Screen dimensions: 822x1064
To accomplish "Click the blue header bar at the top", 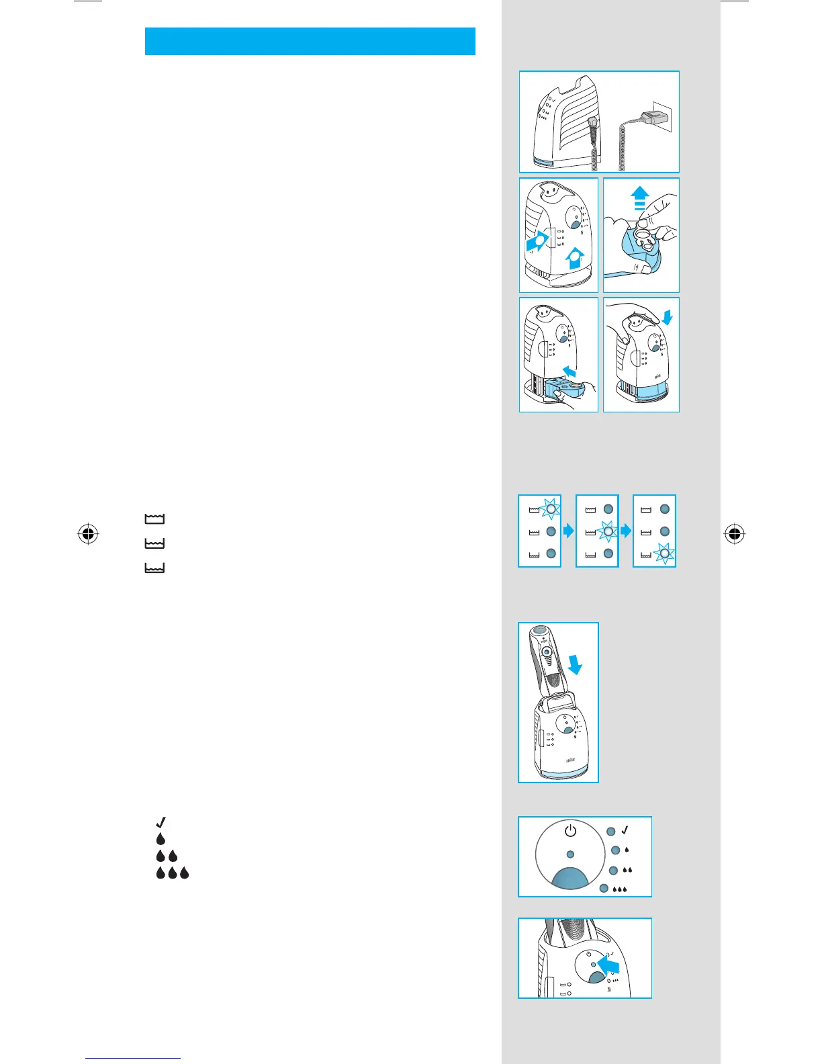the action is point(310,41).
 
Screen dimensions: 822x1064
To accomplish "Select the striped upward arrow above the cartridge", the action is point(640,199).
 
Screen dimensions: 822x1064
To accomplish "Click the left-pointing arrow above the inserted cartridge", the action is point(569,371).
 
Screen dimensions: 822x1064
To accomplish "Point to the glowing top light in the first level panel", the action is point(550,508).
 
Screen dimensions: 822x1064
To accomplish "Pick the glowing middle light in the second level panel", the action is point(608,532).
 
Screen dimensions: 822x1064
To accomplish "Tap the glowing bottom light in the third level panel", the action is point(665,554).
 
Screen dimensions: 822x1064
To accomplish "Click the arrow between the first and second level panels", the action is point(569,531).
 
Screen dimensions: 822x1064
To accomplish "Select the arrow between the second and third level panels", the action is point(626,531).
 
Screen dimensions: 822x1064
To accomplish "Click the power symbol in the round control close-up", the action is point(570,831).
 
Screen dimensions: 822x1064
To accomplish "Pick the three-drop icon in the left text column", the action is point(173,873).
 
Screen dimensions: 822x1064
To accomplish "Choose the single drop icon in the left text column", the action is point(161,839).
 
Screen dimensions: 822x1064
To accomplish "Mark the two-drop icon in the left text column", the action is point(167,856).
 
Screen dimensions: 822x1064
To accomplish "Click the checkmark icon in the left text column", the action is point(161,822).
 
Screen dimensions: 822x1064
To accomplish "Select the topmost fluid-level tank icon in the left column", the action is point(154,519).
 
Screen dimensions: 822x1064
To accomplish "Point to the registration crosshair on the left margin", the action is point(88,535).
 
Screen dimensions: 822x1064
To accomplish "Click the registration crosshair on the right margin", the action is point(735,535).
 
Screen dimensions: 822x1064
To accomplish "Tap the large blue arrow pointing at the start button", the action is point(608,966).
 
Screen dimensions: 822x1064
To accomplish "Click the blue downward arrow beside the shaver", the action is point(574,665).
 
